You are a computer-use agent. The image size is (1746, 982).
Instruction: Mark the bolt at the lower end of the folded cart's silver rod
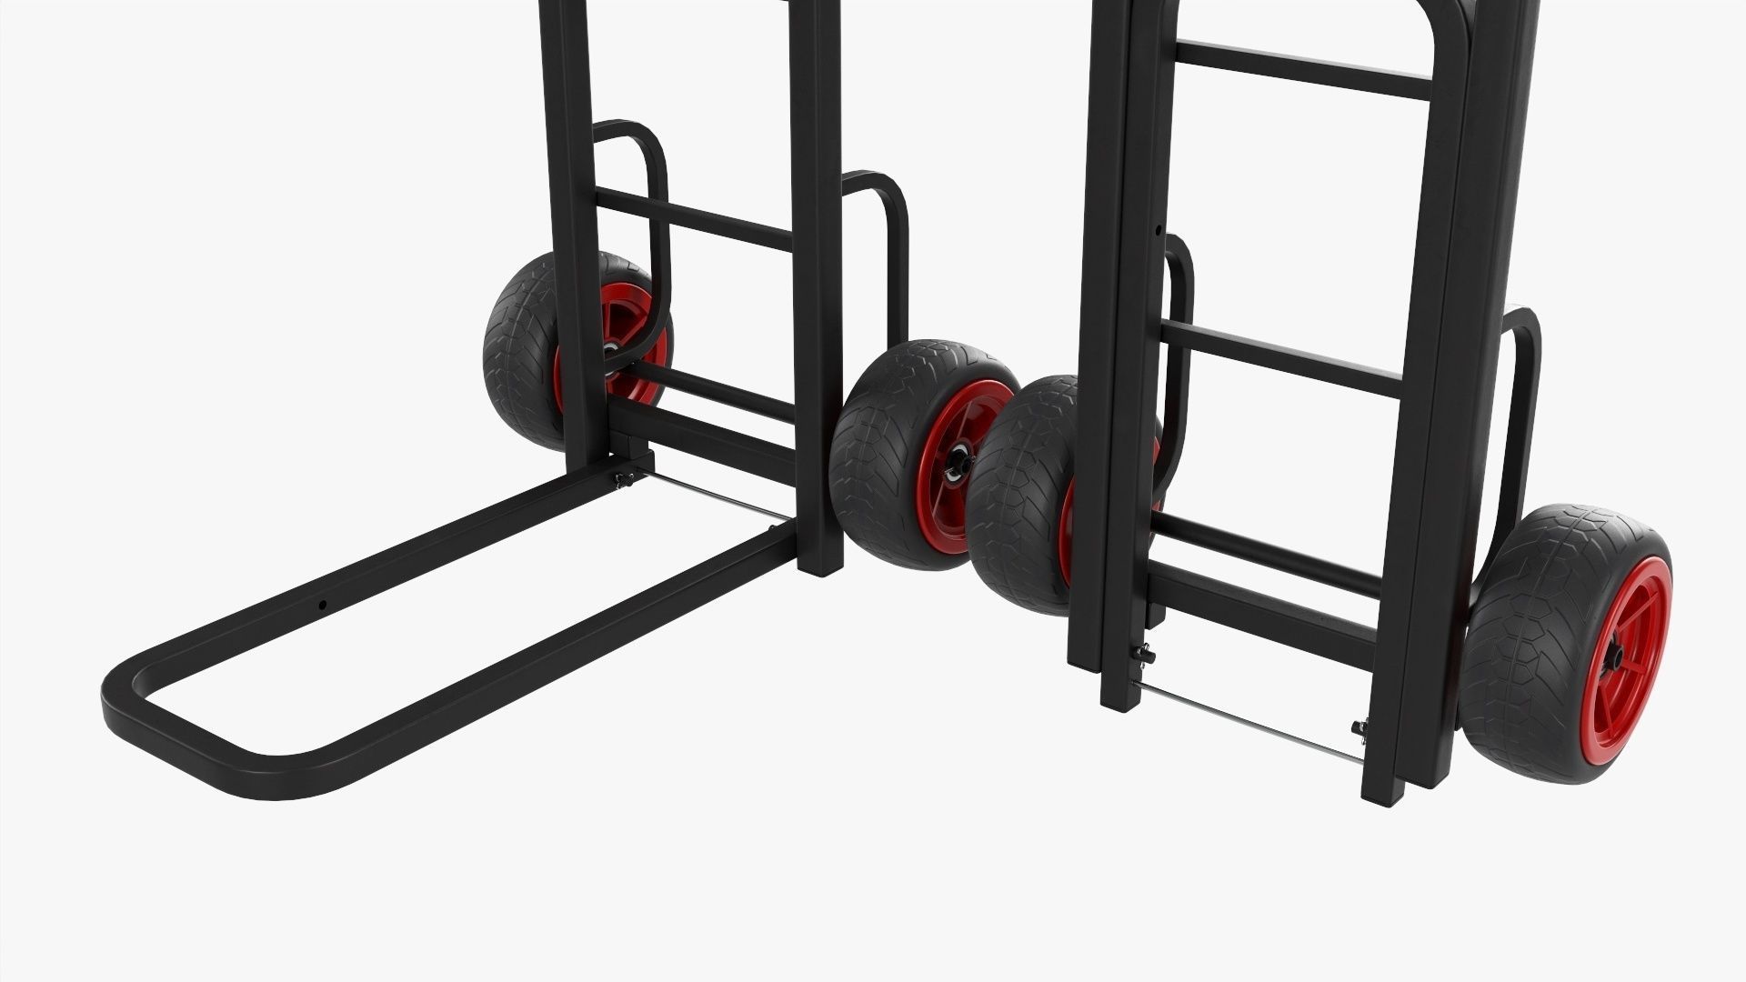tap(1359, 727)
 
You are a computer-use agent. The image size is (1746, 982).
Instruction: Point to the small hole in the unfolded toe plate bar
tap(322, 604)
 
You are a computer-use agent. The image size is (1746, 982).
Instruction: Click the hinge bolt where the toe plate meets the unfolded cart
tap(624, 479)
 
